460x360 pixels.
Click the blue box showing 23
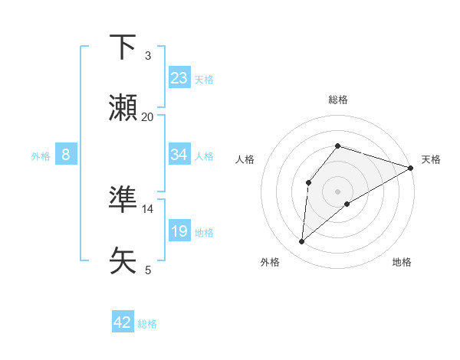click(179, 78)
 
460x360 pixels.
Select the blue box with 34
click(179, 155)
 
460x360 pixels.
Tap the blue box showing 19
click(179, 231)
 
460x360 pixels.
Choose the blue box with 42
click(123, 322)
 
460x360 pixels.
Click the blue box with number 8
click(66, 155)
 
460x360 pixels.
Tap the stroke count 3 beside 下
click(147, 55)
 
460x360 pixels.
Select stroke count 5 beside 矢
click(147, 270)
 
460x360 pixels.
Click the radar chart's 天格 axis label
click(431, 159)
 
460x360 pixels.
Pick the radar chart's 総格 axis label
click(338, 100)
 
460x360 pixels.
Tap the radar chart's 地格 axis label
click(402, 262)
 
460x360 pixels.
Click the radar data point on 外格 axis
click(302, 242)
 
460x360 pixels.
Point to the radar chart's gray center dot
click(338, 191)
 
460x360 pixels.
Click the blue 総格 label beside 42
click(147, 324)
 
